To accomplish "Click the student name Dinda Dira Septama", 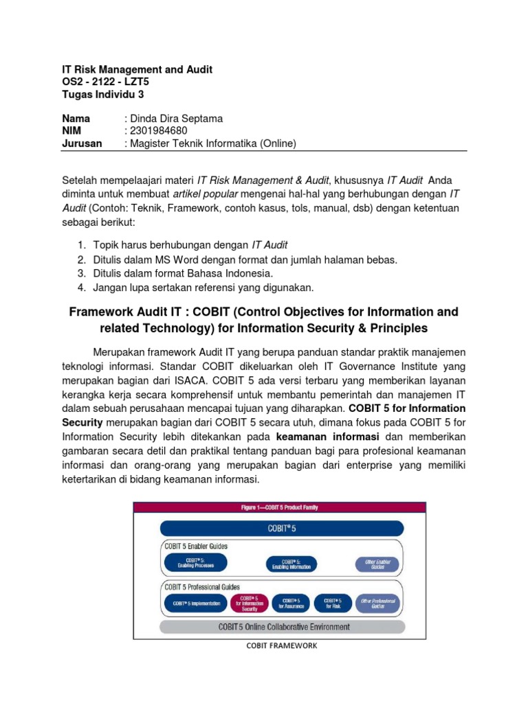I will (x=178, y=118).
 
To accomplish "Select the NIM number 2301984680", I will (x=158, y=130).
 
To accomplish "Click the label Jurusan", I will (x=82, y=143).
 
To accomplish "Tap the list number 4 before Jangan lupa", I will (x=81, y=287).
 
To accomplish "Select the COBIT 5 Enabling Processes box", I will (x=195, y=564).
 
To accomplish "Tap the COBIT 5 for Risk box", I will (x=333, y=603).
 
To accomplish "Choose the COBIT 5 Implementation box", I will (x=195, y=603).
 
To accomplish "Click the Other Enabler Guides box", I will (x=376, y=564).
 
